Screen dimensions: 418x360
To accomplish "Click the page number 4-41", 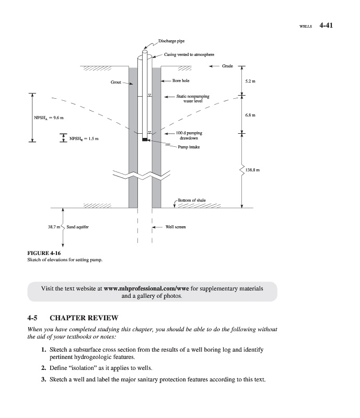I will click(325, 25).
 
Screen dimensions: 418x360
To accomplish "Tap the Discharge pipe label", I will click(171, 40).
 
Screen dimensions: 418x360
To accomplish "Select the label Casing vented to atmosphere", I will click(189, 54).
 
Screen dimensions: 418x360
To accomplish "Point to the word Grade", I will click(227, 66).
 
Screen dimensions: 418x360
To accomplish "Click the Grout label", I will click(115, 83).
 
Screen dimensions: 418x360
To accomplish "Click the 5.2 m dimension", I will click(249, 81).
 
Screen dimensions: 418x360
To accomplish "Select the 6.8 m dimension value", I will click(249, 115).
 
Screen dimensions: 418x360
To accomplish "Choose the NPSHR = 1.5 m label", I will click(84, 138).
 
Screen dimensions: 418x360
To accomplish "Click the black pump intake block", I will click(145, 140).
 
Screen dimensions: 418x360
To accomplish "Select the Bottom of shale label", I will click(192, 200).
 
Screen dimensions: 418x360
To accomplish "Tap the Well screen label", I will click(176, 227).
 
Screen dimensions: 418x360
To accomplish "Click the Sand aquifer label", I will click(77, 227).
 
